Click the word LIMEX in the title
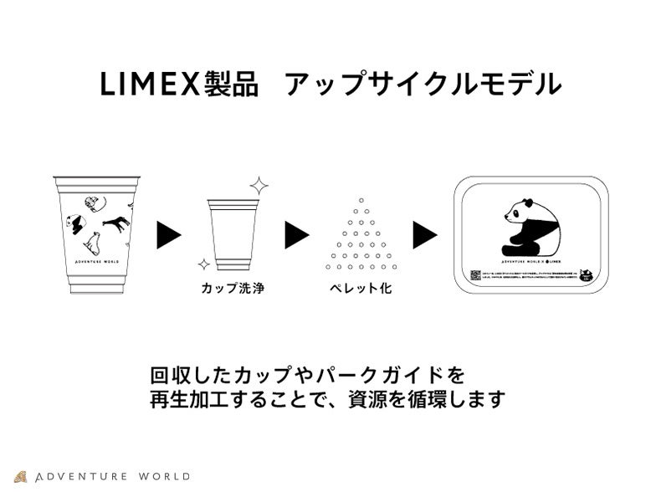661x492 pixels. tap(150, 85)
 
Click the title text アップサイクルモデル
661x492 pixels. tap(422, 85)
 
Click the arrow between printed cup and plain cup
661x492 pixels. tap(169, 236)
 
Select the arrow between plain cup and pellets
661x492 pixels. tap(297, 236)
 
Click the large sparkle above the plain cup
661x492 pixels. tap(259, 185)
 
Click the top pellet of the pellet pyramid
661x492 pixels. tap(361, 199)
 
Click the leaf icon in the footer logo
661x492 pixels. tap(21, 477)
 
